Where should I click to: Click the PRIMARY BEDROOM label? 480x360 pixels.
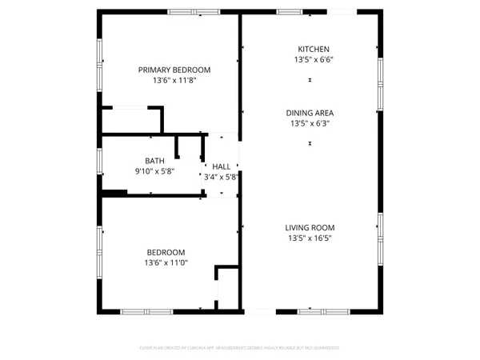click(174, 69)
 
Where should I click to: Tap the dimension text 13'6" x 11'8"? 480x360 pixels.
click(174, 80)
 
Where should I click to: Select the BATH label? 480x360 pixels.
click(154, 160)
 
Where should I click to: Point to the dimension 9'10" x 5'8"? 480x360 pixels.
click(154, 171)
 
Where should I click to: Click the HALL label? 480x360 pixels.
click(221, 166)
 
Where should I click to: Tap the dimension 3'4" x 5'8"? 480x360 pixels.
click(221, 177)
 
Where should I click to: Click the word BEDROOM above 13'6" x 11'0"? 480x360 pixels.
click(165, 251)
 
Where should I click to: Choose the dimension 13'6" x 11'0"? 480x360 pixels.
click(165, 262)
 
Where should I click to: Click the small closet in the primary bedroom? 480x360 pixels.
click(131, 120)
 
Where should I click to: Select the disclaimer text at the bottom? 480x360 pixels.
click(239, 348)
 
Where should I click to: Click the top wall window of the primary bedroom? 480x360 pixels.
click(194, 11)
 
